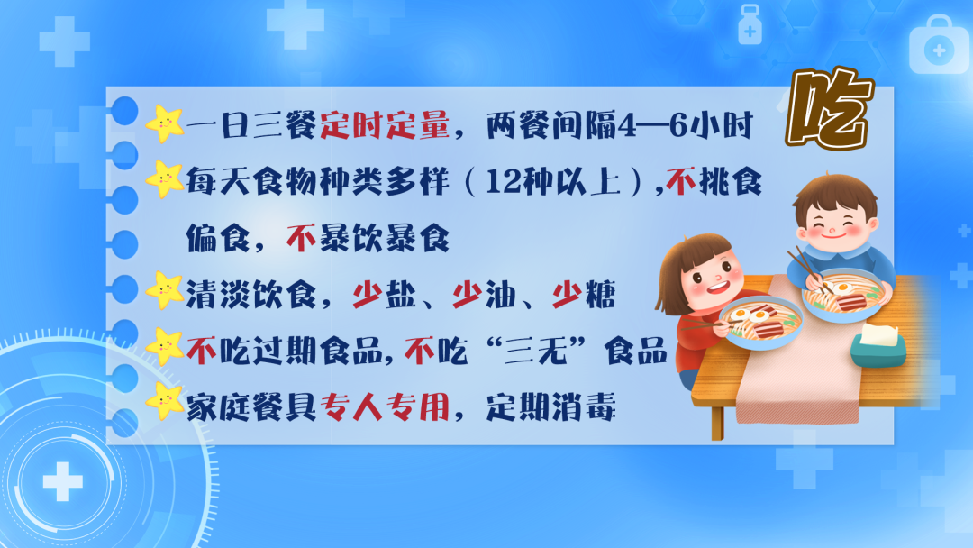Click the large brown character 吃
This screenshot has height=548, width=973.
(x=827, y=110)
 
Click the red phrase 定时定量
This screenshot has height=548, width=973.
(x=385, y=127)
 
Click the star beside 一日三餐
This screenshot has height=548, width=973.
(x=164, y=123)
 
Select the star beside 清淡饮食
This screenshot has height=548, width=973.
(x=164, y=290)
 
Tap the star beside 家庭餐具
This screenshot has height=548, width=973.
(x=164, y=402)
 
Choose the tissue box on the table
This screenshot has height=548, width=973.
(x=878, y=345)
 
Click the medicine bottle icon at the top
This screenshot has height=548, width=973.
(x=749, y=24)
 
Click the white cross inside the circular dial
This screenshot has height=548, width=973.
(x=62, y=481)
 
